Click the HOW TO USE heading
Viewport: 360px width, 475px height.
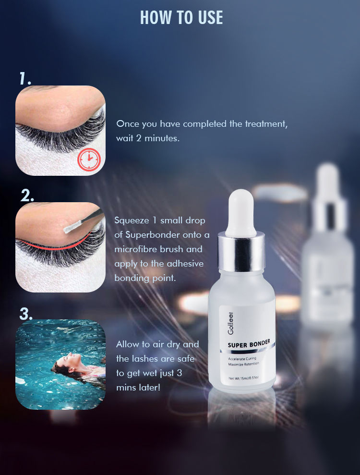(x=181, y=18)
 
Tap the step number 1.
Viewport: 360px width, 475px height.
(x=25, y=78)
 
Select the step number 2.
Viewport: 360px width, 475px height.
(x=27, y=195)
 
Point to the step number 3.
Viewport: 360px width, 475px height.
(x=26, y=314)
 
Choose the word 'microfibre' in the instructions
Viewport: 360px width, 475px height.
(x=136, y=249)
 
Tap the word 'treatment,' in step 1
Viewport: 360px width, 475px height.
(x=265, y=124)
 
